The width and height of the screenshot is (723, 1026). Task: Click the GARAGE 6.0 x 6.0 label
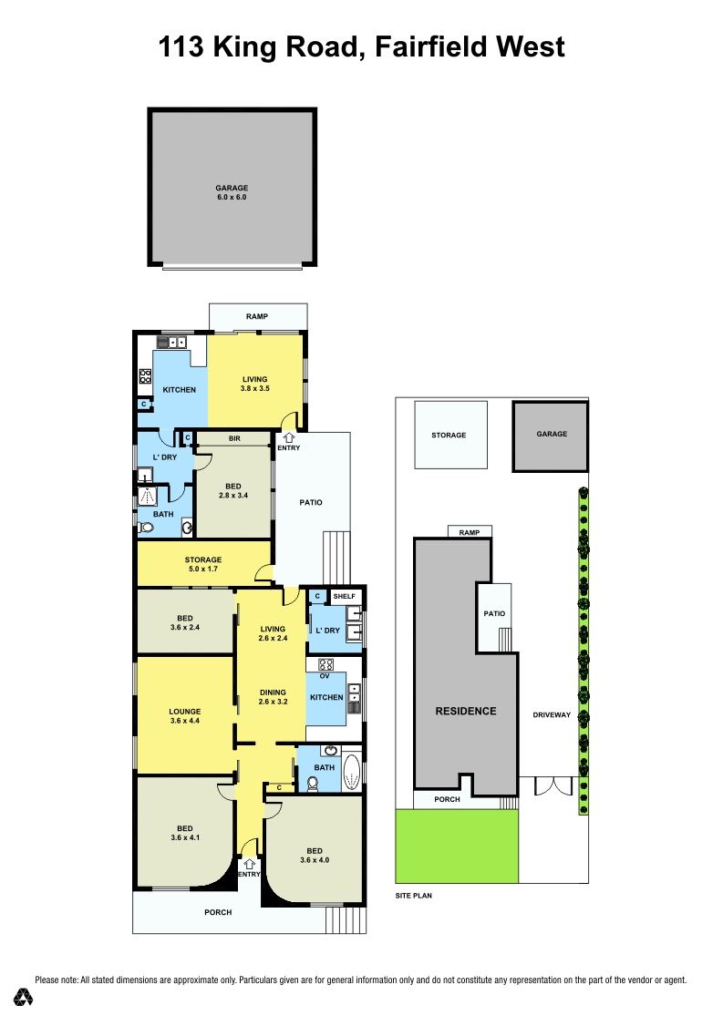[232, 192]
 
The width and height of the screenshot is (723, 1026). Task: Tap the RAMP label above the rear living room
[257, 317]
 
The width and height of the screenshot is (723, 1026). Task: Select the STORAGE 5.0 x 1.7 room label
[203, 564]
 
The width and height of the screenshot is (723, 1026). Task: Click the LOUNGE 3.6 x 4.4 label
[185, 716]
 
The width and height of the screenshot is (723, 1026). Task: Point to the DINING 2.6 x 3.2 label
[273, 697]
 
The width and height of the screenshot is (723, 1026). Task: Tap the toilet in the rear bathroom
[146, 528]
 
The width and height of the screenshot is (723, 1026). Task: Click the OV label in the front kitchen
[325, 676]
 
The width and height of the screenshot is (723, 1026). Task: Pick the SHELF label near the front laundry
[344, 596]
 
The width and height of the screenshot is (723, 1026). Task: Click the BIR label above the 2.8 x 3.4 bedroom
[234, 438]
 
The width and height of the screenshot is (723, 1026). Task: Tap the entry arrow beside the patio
[288, 437]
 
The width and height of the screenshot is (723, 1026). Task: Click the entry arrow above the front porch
[249, 865]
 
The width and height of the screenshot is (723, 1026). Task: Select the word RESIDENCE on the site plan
[466, 712]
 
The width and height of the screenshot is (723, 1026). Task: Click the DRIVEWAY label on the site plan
[552, 715]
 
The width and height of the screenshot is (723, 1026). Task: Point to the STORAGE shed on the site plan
[451, 435]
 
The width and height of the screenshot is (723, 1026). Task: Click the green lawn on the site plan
[457, 846]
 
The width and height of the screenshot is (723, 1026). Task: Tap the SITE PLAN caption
[413, 896]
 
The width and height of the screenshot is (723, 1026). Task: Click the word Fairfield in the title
[429, 47]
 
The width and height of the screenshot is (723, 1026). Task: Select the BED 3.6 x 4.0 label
[315, 856]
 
